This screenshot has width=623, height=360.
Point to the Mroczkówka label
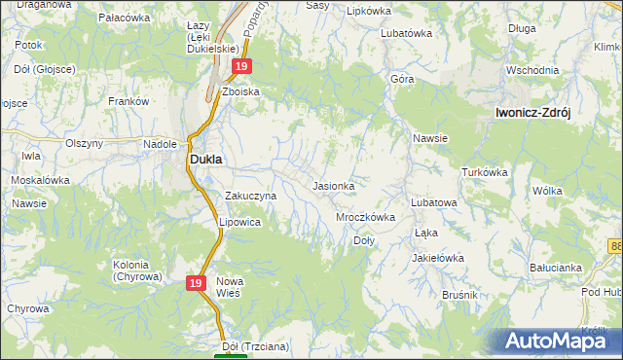pos(365,217)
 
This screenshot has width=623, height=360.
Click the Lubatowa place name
pos(434,202)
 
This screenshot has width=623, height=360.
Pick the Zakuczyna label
pos(251,196)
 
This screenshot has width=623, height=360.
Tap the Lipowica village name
pos(239,222)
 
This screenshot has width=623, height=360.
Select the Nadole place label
pos(159,143)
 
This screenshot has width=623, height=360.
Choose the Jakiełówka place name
pos(438,258)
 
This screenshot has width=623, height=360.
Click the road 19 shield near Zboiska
pos(242,66)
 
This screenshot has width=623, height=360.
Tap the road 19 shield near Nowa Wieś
pos(196,282)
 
